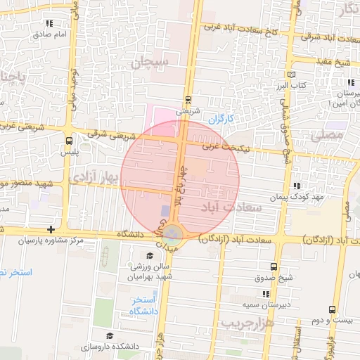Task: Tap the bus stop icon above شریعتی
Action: [188, 99]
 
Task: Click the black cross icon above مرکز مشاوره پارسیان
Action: [50, 230]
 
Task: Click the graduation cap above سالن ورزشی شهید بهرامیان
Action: [149, 255]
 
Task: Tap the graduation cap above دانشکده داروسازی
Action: [109, 335]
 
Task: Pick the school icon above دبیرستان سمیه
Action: [266, 294]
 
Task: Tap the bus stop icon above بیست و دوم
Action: [332, 309]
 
